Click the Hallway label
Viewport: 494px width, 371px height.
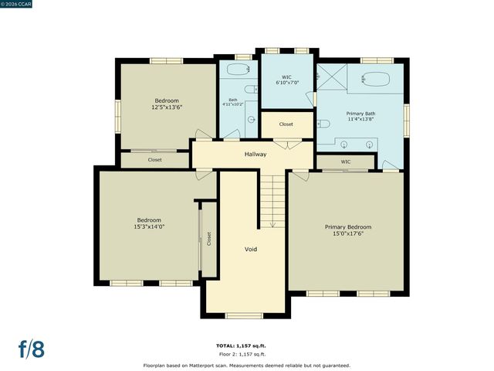click(255, 155)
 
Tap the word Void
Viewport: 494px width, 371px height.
click(251, 250)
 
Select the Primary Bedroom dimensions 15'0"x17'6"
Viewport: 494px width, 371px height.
click(347, 233)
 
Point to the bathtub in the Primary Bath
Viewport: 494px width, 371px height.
click(377, 79)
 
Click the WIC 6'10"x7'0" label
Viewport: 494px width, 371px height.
click(286, 80)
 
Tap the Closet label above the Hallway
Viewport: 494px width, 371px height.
click(286, 124)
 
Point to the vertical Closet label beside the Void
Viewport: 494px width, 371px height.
click(208, 239)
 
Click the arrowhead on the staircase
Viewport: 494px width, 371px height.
click(272, 225)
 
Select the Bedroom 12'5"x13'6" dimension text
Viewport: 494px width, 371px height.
click(167, 107)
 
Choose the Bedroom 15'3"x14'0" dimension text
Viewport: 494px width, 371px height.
click(150, 226)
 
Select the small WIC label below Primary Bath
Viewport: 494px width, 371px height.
click(346, 162)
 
